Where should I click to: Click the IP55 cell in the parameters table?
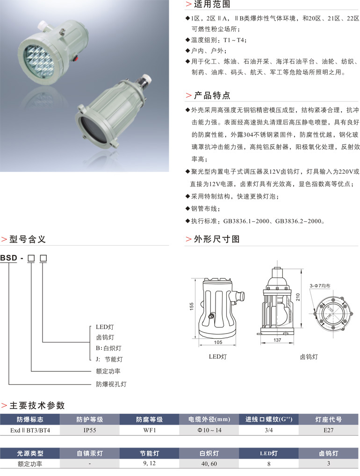coord(90,430)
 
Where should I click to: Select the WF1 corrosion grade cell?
coord(150,430)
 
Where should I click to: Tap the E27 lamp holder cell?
coord(328,430)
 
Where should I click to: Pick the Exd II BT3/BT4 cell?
coord(30,430)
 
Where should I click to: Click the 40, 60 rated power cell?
coord(209,463)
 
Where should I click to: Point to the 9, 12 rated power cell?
coord(150,463)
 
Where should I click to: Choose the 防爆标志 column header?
coord(30,419)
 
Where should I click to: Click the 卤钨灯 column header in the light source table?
coord(328,453)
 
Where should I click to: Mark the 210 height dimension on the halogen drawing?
coord(298,297)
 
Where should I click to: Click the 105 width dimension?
coord(218,342)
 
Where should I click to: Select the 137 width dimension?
coord(277,340)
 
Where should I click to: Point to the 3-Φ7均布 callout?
coord(320,286)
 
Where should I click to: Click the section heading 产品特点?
coord(212,95)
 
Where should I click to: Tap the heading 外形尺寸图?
coord(216,239)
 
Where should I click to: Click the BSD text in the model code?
coord(8,258)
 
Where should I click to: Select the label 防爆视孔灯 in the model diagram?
coord(111,384)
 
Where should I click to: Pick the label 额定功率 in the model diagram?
coord(108,371)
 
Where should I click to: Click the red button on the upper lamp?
coord(77,57)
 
